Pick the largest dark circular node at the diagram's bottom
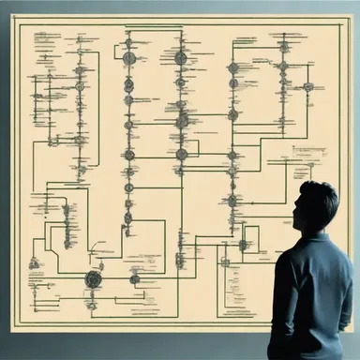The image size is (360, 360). [93, 277]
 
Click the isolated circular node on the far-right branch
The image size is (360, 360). [307, 87]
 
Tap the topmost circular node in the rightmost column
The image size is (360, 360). [284, 45]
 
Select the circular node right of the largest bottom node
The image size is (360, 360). [134, 277]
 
